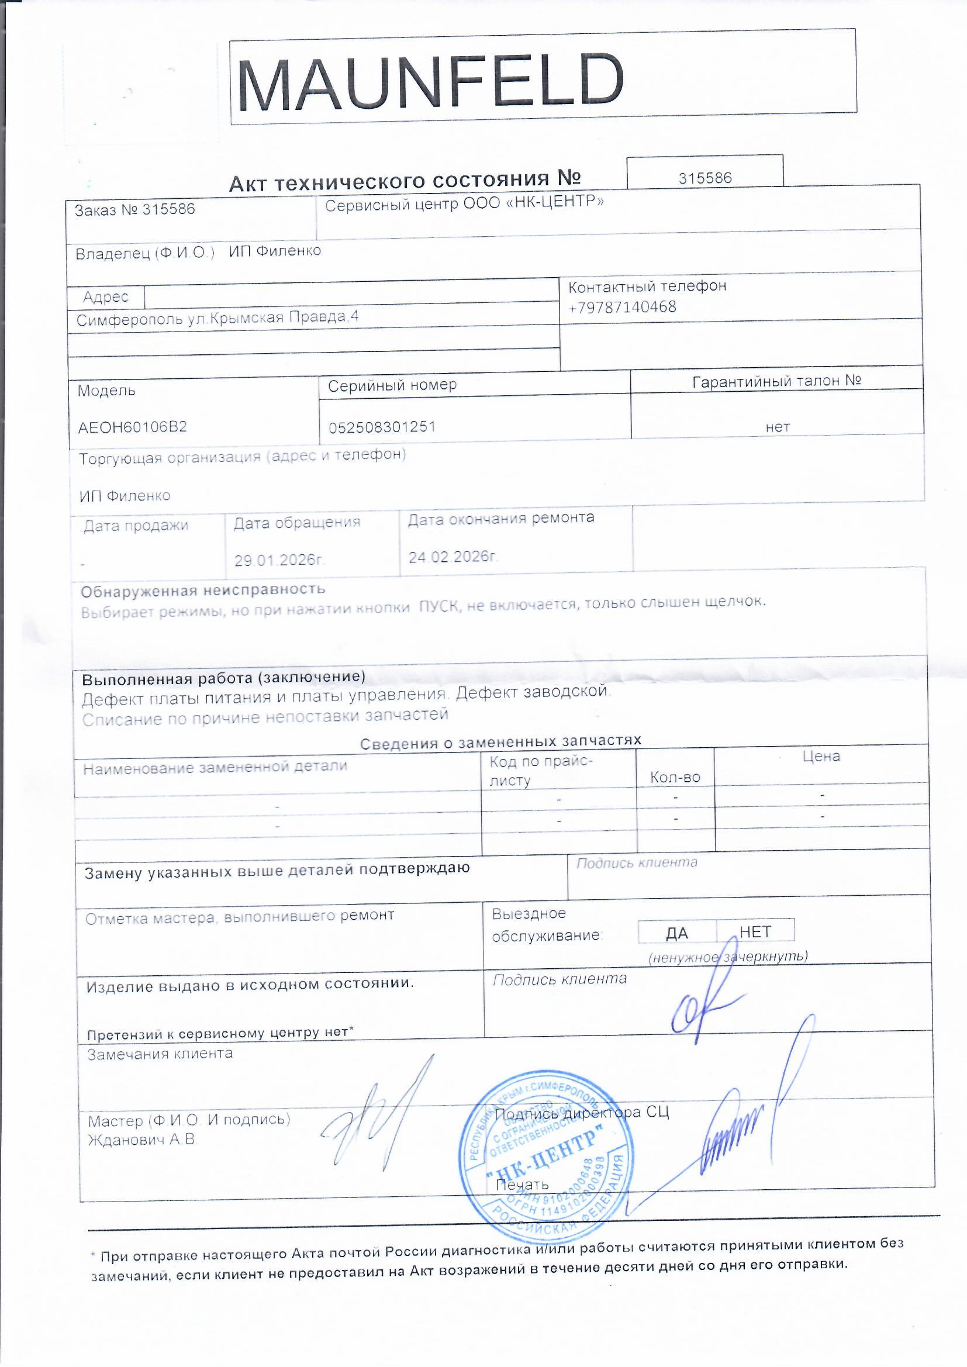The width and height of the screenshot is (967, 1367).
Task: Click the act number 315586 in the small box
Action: [x=705, y=177]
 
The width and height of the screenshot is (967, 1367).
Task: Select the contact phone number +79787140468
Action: [x=622, y=307]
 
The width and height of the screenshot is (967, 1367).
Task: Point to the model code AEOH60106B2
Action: [x=132, y=427]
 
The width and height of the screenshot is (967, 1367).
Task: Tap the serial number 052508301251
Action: [x=382, y=427]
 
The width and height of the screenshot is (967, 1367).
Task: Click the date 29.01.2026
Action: [x=279, y=560]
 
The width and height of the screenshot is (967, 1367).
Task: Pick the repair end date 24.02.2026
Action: [x=453, y=557]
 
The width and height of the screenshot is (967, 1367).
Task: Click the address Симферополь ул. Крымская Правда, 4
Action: [x=217, y=318]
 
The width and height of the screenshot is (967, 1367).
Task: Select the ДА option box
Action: [x=676, y=933]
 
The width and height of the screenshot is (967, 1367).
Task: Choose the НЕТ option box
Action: [x=755, y=931]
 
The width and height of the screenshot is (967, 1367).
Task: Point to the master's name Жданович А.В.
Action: [x=141, y=1140]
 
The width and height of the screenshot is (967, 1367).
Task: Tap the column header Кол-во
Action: [x=675, y=778]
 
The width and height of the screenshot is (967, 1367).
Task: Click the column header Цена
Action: [x=821, y=757]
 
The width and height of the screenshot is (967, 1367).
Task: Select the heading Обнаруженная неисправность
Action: [x=203, y=590]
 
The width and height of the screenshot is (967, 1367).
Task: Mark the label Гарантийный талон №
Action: [x=776, y=381]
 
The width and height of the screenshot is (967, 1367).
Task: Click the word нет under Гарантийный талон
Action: [x=778, y=427]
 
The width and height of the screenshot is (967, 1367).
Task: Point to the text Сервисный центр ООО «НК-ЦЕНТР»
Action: [x=464, y=203]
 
